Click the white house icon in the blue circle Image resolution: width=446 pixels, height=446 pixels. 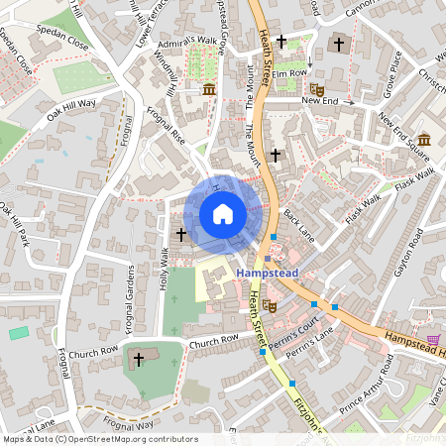tap(223, 213)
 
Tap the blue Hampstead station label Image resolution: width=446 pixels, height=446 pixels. tap(266, 271)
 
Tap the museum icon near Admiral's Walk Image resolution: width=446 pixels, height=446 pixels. tap(209, 90)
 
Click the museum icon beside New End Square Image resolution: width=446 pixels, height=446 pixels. tap(424, 138)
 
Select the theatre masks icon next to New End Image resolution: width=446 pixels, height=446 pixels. tap(316, 89)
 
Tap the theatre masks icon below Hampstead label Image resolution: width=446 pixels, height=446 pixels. tap(270, 306)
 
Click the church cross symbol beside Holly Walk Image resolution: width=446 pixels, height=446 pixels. tap(180, 235)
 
